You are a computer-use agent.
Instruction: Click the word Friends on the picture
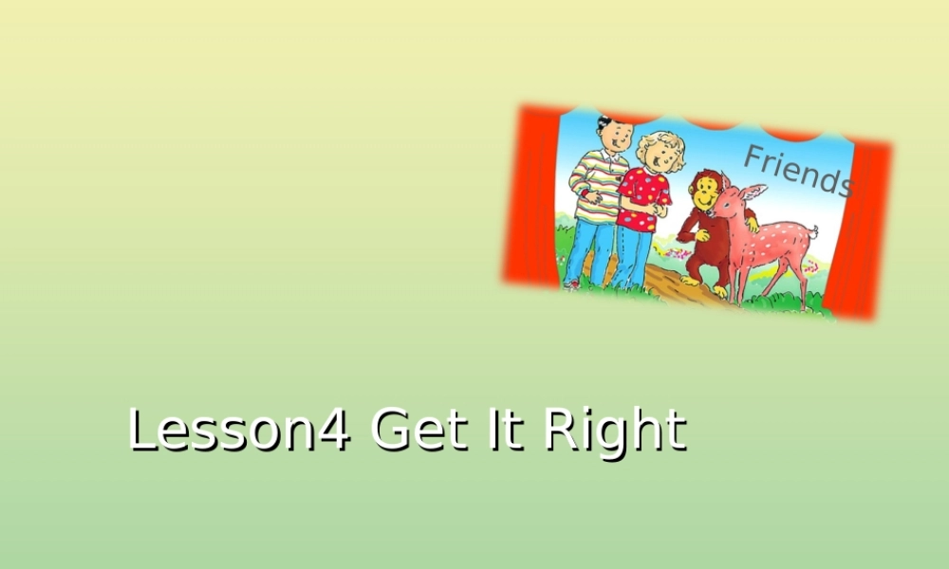click(797, 171)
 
